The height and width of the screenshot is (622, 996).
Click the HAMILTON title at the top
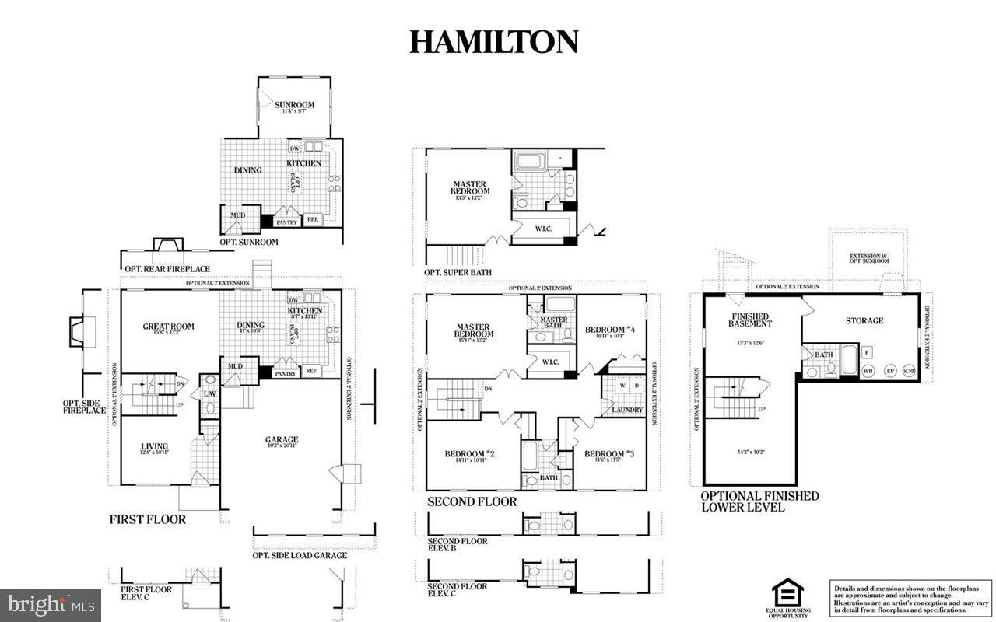click(494, 42)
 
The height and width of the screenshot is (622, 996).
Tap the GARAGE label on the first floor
click(281, 440)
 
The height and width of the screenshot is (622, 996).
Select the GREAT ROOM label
click(168, 327)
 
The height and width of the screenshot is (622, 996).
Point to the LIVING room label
click(155, 446)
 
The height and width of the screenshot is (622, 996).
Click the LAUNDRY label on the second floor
click(627, 410)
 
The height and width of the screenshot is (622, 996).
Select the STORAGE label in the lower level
click(864, 320)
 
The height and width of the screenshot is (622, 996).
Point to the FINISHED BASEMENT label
click(750, 320)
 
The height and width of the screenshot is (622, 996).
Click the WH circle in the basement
click(868, 371)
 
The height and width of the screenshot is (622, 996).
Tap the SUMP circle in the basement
click(909, 371)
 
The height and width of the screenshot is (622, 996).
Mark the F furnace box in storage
click(866, 351)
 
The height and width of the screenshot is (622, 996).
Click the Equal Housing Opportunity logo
click(787, 596)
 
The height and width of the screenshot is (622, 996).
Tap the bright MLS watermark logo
click(51, 603)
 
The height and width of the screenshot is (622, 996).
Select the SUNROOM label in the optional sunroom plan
click(295, 105)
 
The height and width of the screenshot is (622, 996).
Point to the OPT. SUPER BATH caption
click(458, 272)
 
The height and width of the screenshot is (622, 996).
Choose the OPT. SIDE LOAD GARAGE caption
click(300, 555)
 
